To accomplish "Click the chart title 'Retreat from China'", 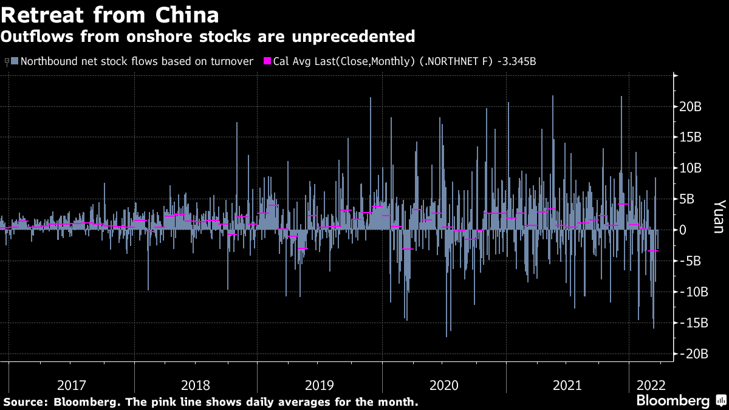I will (110, 15).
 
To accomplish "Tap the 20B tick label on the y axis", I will (691, 107).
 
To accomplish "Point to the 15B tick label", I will (691, 137).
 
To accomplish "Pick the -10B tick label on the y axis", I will (693, 292).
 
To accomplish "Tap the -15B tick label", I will (693, 323).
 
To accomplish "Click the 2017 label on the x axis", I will (72, 385).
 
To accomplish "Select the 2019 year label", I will (320, 385).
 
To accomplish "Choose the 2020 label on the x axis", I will (443, 385).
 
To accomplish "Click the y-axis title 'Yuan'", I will (718, 217).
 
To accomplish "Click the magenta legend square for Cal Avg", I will (266, 61).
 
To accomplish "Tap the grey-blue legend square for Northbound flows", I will (15, 61).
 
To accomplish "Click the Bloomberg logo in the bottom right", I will (673, 401).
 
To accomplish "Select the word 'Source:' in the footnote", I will (26, 402).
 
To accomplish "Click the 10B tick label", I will (691, 168).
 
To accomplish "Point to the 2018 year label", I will (196, 385).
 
